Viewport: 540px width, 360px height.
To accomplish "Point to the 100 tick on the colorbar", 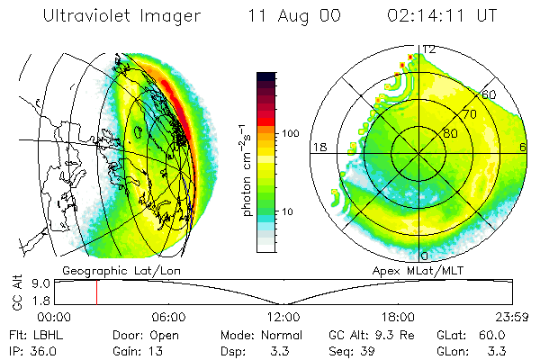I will pos(291,132).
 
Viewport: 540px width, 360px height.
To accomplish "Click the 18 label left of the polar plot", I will pos(319,148).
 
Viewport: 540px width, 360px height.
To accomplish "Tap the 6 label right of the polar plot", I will pos(523,148).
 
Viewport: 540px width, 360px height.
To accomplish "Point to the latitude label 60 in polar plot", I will pos(489,94).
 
